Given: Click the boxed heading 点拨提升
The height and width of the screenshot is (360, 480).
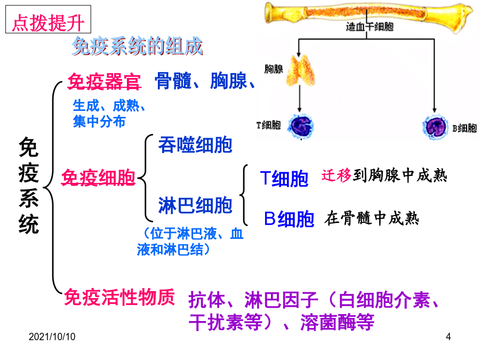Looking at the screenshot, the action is coord(48,19).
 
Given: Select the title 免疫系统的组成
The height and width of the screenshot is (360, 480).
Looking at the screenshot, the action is coord(137,46).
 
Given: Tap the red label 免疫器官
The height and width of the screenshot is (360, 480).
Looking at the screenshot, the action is coord(104,82).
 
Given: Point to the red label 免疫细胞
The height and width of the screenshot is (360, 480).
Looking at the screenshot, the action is coord(98,178).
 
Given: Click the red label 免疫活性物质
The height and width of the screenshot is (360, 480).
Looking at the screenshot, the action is coord(119,297).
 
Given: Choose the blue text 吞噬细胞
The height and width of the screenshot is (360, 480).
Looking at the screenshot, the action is coord(195,145).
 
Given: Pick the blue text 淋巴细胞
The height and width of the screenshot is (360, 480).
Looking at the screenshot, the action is coord(195,205).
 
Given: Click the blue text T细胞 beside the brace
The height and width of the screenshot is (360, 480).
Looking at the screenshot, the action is coord(284,179).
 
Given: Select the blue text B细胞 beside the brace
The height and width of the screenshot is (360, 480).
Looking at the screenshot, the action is coord(289,219).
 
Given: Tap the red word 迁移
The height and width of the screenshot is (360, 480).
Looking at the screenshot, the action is coord(336,175).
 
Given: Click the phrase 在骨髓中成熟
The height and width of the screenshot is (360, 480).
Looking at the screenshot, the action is coord(372,218).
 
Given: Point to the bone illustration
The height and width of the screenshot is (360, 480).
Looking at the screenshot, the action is coord(369,14).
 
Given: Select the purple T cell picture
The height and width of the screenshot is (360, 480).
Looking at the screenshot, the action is coord(301,126).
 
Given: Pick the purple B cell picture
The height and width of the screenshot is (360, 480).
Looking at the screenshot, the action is coord(435,127).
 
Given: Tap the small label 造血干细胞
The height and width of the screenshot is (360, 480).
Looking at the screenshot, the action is coord(370,27).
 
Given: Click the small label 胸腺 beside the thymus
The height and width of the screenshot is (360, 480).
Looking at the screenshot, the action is coord(274,69).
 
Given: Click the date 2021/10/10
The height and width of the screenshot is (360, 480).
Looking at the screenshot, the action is coord(52,337).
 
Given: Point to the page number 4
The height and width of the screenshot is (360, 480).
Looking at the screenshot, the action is coord(448,337).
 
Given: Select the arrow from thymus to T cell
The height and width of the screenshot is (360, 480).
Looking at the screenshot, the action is coord(300,99).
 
